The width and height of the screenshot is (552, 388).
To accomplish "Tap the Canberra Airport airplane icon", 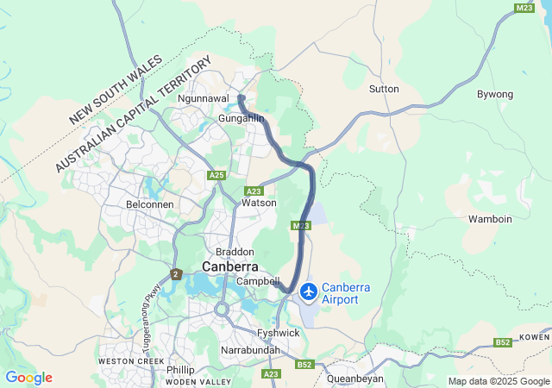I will [x=308, y=293].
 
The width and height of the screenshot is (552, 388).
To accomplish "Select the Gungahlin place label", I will [x=241, y=117].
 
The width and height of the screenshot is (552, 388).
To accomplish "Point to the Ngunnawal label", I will [x=203, y=98].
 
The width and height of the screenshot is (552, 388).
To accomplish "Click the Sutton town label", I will [x=384, y=89].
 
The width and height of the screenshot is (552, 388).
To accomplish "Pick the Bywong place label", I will [x=495, y=93].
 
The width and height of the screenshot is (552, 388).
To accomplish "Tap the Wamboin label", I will [x=490, y=219].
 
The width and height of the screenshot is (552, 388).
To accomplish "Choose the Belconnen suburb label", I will [x=150, y=204].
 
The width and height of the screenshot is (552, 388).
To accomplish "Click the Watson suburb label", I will [x=259, y=203].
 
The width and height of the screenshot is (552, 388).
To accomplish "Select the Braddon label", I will [x=235, y=251].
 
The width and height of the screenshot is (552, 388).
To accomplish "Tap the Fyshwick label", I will [x=278, y=332].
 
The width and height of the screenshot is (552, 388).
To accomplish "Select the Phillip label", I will [x=179, y=369].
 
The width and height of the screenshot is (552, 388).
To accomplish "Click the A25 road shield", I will [x=216, y=175].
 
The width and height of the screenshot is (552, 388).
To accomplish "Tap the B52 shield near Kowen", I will [x=503, y=342].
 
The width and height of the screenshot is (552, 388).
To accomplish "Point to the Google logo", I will [x=28, y=378].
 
